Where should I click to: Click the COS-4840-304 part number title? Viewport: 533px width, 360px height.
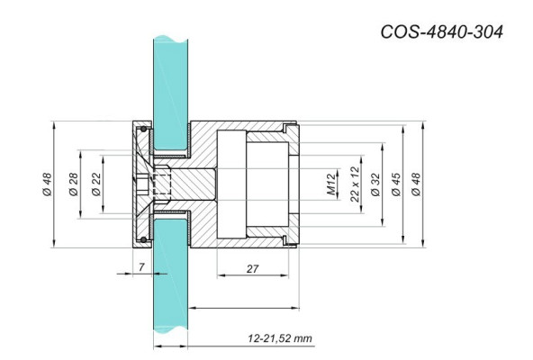coord(439,31)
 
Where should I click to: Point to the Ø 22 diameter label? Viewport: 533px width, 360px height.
coord(95,186)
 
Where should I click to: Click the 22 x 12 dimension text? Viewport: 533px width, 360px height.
coord(354,184)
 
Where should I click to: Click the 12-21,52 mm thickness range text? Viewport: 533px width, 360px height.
coord(280,338)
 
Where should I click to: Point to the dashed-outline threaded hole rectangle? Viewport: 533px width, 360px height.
coord(160,185)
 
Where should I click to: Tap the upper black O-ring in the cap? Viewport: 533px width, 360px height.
coord(140,131)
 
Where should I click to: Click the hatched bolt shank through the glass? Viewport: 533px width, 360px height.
coord(194,185)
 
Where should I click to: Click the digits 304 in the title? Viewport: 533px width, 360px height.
coord(483,31)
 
